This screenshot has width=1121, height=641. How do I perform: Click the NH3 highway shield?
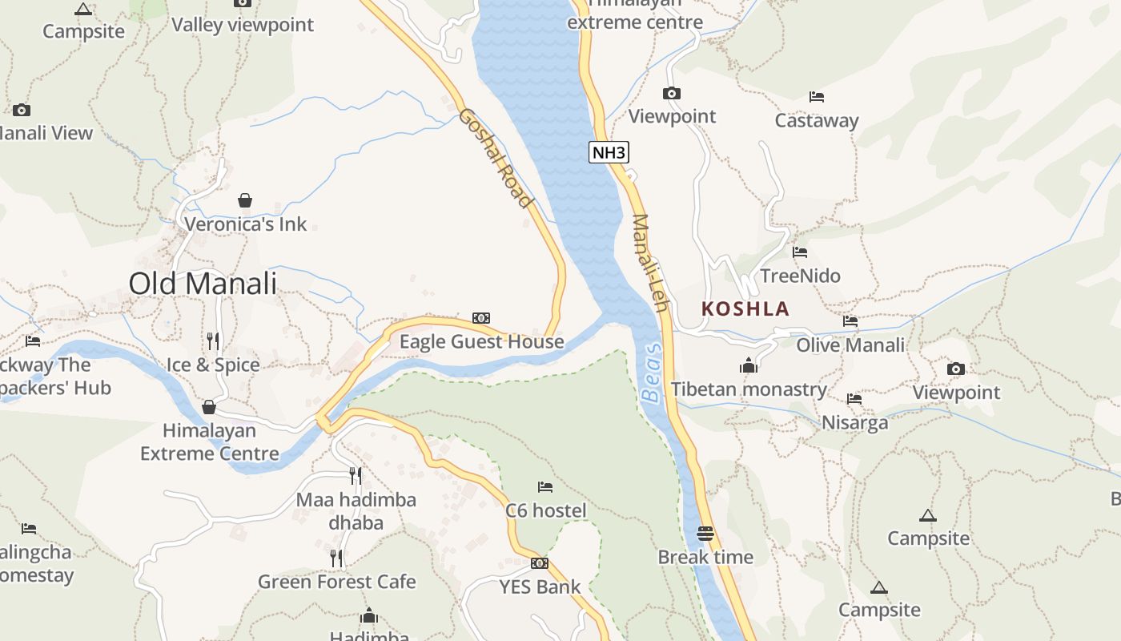(x=609, y=151)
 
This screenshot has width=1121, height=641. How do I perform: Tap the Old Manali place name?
(x=203, y=284)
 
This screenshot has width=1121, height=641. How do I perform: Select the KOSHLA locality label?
(x=745, y=308)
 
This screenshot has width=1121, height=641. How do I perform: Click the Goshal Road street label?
(x=496, y=158)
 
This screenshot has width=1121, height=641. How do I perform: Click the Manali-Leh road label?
(x=649, y=264)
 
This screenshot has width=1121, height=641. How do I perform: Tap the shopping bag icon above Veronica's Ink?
(x=245, y=200)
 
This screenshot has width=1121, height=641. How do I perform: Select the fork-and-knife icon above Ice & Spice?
(x=213, y=341)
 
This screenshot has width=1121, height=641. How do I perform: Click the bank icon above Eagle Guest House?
(x=481, y=318)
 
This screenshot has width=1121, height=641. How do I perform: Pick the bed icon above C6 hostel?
(x=545, y=486)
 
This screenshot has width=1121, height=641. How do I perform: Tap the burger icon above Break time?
(x=705, y=533)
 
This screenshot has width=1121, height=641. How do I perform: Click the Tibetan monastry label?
(x=749, y=389)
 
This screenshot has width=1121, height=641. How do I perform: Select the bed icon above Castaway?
(x=817, y=97)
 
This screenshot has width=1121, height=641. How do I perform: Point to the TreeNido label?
(x=801, y=276)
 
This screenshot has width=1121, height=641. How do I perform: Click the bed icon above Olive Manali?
(x=850, y=321)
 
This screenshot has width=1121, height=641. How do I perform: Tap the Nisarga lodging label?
(x=854, y=422)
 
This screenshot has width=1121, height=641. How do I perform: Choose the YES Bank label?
(x=540, y=587)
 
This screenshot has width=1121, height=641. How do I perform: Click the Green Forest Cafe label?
(x=337, y=582)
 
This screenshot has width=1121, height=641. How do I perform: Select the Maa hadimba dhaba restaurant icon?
(x=356, y=476)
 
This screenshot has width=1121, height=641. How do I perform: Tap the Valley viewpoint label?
(x=243, y=25)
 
